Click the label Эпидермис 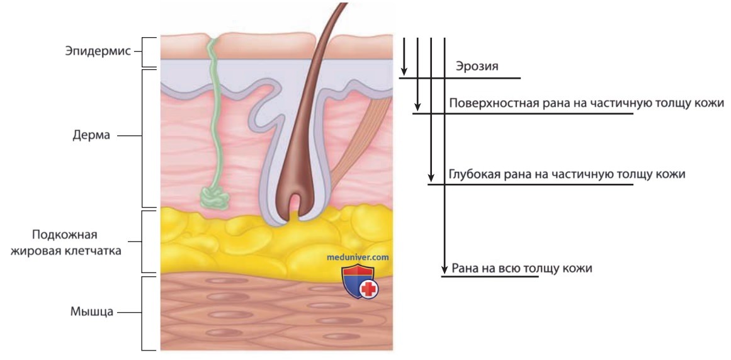click(98, 51)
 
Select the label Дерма click(91, 135)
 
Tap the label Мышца click(92, 312)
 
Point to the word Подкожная click(65, 234)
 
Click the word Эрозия click(477, 67)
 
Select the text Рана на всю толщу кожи click(522, 269)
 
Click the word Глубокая click(472, 174)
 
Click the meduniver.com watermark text click(358, 257)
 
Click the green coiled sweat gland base click(214, 197)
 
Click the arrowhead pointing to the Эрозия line click(404, 71)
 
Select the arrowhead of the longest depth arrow click(445, 269)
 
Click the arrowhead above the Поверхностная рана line click(417, 106)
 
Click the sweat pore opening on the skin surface click(213, 37)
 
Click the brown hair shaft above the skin click(329, 28)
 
